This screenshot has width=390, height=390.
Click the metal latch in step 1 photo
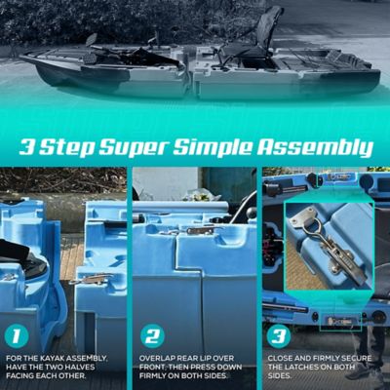pyautogui.click(x=93, y=279)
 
